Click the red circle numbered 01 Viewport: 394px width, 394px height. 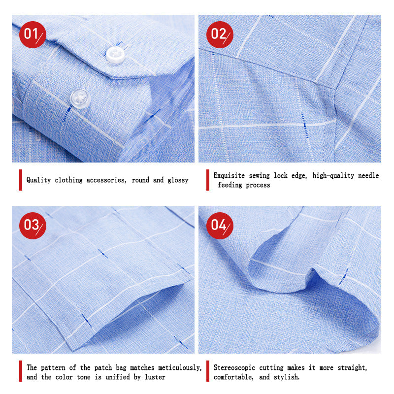tap(33, 34)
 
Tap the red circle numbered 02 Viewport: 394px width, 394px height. tap(220, 34)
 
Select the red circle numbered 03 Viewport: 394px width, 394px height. tap(33, 226)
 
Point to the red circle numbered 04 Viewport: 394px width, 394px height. tap(220, 226)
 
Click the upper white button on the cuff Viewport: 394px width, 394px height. tap(115, 55)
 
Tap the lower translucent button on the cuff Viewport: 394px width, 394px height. tap(80, 99)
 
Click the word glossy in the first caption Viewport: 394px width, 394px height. tap(178, 180)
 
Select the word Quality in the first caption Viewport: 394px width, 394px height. tap(39, 180)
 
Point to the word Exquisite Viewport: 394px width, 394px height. tap(229, 175)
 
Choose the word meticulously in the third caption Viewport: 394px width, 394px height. tap(180, 367)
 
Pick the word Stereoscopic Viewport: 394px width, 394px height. tap(234, 367)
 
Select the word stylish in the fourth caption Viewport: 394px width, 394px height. tap(287, 377)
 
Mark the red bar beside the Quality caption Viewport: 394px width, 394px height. tap(21, 180)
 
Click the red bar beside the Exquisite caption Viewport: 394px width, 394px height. tap(208, 180)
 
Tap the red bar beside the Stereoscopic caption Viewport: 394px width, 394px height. tap(208, 371)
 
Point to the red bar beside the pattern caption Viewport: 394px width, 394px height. tap(21, 371)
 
